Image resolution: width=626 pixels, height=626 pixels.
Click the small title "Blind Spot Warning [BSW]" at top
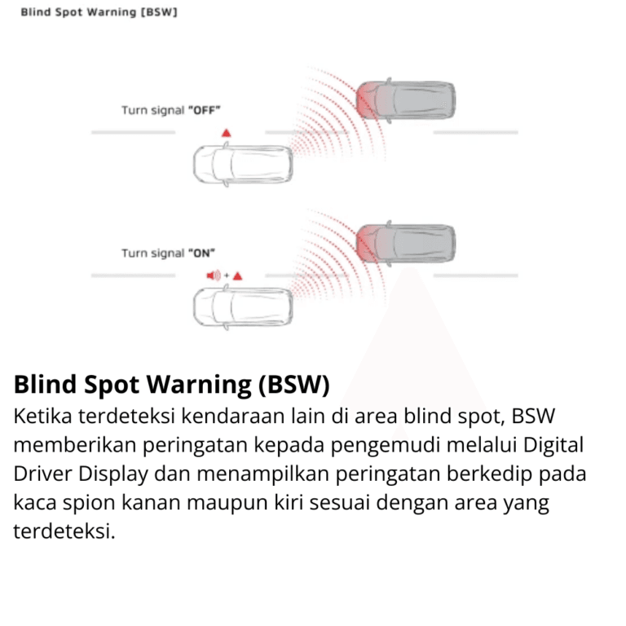click(99, 13)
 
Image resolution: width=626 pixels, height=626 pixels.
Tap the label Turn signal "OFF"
click(171, 109)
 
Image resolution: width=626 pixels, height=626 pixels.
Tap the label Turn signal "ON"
click(169, 253)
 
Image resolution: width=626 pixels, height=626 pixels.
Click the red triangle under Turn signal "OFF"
click(226, 131)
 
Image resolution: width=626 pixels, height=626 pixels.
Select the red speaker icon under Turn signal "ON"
click(214, 276)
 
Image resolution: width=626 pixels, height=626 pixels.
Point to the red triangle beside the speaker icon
click(237, 276)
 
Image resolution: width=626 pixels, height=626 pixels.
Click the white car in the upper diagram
click(242, 164)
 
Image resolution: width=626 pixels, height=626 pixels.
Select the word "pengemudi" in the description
click(414, 445)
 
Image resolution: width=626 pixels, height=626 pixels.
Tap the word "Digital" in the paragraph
click(554, 445)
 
